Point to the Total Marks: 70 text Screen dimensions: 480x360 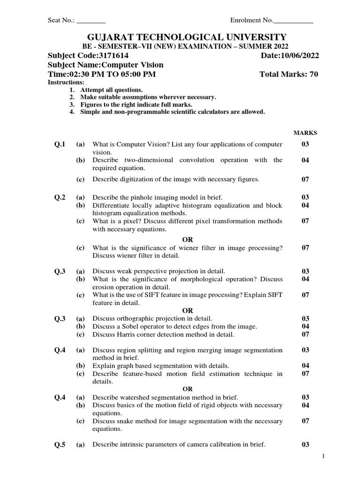click(289, 75)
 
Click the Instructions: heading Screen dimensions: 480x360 click(66, 82)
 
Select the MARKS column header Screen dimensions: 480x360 click(305, 133)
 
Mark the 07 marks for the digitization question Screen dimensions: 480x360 click(305, 180)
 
